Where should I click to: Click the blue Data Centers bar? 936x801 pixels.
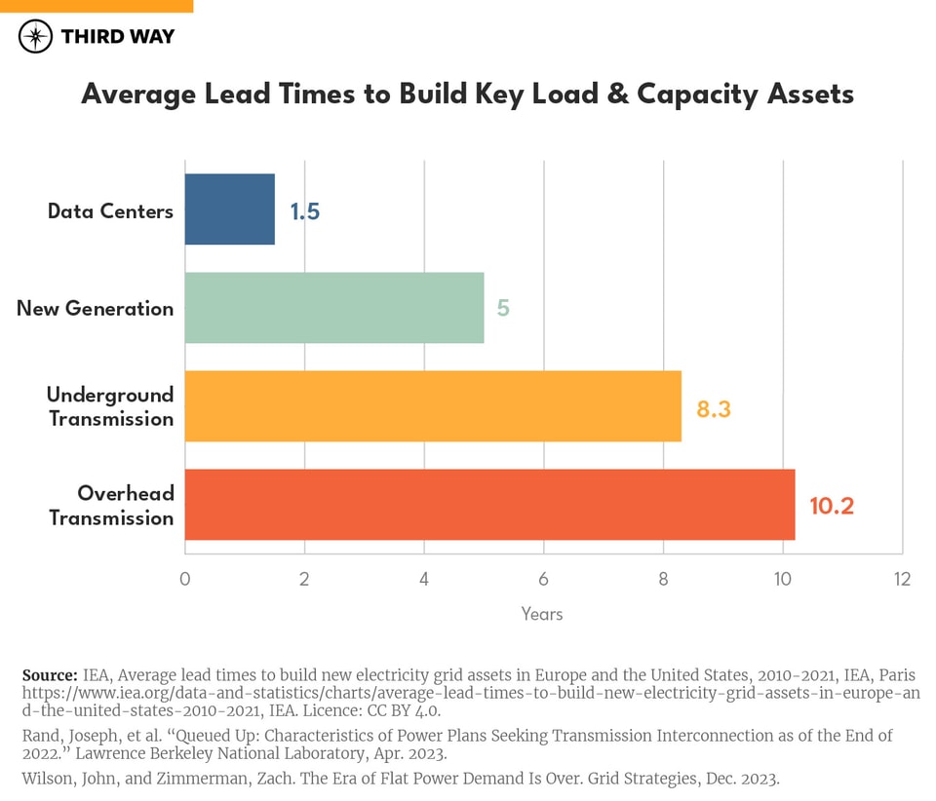point(230,210)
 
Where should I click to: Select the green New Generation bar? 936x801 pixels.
point(334,308)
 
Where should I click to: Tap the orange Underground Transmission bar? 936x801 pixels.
point(433,406)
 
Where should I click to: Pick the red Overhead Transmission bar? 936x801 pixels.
point(489,505)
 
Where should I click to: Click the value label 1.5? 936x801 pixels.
point(304,210)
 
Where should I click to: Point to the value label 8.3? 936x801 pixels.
point(713,409)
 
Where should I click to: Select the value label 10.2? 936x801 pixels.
point(831,507)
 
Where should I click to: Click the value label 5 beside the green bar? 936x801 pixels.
point(503,309)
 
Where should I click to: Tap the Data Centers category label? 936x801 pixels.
point(110,210)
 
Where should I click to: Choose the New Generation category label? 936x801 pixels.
point(96,309)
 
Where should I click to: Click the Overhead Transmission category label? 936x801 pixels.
point(111,506)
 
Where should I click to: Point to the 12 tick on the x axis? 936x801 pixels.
point(902,580)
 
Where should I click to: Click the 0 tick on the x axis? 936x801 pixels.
point(185,580)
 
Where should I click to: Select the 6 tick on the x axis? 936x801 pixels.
point(543,580)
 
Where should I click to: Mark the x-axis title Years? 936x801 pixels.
point(542,614)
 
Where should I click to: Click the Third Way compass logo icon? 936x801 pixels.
point(36,36)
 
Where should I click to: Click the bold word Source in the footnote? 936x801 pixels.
point(49,675)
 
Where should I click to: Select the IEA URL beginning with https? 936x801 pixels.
point(468,693)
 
